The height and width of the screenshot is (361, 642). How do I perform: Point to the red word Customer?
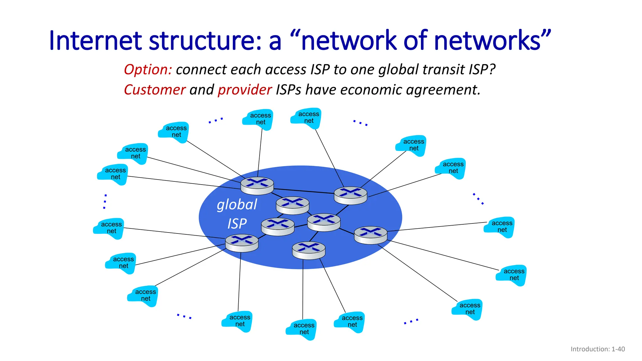pos(155,90)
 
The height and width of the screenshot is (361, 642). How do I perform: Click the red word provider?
pos(245,90)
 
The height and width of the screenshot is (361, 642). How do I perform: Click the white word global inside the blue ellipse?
pos(237,205)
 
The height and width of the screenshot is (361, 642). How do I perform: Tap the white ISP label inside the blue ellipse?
pos(237,224)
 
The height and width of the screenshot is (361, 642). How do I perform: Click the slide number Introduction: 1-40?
pos(597,349)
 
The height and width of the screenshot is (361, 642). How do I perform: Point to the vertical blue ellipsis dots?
pos(105,201)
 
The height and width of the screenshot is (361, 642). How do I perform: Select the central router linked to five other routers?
pos(324,222)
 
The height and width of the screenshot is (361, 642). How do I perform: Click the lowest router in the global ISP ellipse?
pos(308,250)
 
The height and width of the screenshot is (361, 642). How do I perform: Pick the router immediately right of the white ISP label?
pos(278,227)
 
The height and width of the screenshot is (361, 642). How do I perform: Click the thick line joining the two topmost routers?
pos(303,191)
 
